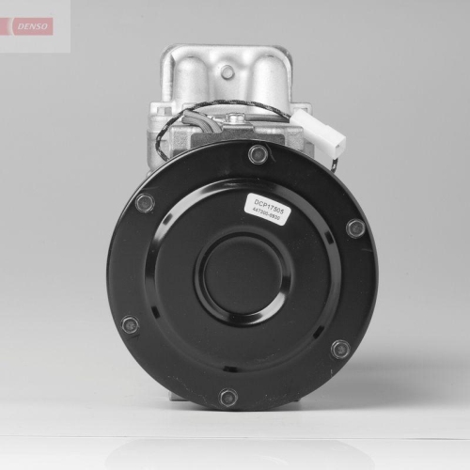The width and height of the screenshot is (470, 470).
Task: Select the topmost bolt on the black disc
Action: point(257,155)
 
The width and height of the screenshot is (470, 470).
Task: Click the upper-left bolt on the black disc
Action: point(144,202)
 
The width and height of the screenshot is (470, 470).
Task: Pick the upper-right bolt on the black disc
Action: point(354,227)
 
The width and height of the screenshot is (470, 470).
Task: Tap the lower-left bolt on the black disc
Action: point(130,325)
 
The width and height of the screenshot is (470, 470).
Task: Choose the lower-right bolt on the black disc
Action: point(340,349)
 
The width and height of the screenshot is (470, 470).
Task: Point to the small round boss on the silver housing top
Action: point(227,71)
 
